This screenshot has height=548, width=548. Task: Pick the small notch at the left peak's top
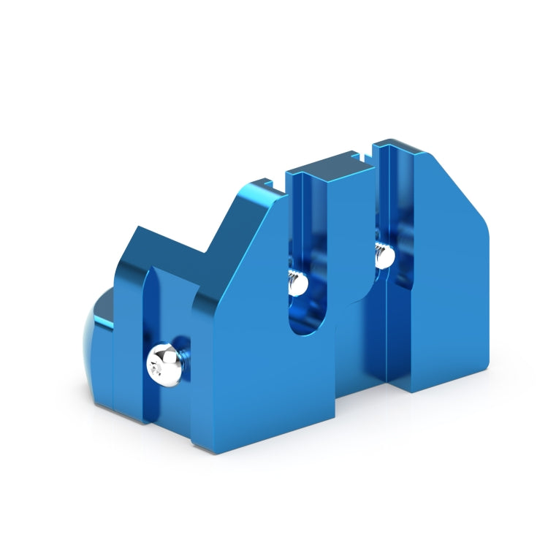click(x=267, y=184)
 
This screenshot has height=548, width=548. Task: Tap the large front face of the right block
click(x=446, y=307)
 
